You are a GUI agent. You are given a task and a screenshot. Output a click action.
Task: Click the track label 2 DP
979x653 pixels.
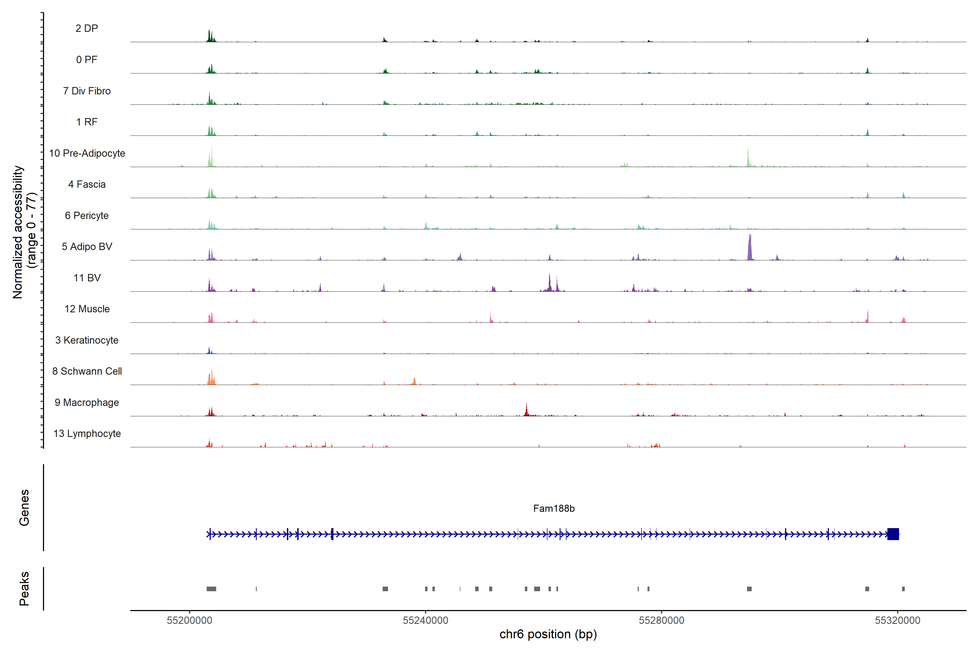[86, 28]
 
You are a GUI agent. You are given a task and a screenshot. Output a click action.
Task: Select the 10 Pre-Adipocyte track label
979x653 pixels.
[87, 153]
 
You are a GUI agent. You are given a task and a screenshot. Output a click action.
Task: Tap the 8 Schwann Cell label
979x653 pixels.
[87, 371]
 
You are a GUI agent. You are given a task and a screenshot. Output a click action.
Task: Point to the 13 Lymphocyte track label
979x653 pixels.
[87, 433]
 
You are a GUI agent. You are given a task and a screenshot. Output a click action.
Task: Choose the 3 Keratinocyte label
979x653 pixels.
[87, 340]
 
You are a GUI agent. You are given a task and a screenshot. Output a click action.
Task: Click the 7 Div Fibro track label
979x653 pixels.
[87, 91]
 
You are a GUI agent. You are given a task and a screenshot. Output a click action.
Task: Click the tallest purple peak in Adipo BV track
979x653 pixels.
[750, 248]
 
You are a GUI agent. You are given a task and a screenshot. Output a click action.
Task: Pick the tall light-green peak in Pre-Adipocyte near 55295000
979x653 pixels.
[748, 158]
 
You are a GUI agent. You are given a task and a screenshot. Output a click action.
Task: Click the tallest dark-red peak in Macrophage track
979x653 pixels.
[526, 410]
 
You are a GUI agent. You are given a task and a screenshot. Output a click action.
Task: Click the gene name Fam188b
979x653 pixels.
[554, 509]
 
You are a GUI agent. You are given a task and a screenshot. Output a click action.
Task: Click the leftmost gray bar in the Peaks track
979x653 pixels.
[212, 589]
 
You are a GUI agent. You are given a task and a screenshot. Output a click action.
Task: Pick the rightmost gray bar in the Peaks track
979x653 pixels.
[903, 589]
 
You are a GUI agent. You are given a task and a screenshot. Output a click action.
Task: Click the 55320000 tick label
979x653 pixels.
[897, 621]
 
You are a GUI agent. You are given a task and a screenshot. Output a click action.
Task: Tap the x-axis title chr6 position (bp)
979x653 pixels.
[548, 634]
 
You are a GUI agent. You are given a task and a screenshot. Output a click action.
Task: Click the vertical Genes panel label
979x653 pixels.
[24, 508]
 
